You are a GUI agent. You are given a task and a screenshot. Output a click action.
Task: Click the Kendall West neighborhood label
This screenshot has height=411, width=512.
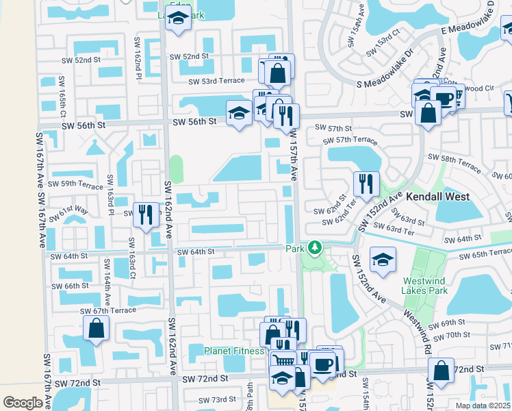(438, 197)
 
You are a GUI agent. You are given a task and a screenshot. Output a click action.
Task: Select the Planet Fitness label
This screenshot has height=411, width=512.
(234, 351)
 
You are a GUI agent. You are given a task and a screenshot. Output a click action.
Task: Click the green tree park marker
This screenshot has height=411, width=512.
(314, 247)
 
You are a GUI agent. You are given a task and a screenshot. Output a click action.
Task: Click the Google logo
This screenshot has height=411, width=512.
(23, 402)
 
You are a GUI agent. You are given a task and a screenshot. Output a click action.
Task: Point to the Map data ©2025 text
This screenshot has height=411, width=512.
(483, 406)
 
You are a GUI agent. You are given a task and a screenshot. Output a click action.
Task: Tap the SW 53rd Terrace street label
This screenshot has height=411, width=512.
(217, 81)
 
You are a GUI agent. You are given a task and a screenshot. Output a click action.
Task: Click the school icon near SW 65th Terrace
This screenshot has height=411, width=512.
(382, 258)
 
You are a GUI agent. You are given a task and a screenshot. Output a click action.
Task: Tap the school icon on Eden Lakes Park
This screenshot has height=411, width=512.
(179, 22)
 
